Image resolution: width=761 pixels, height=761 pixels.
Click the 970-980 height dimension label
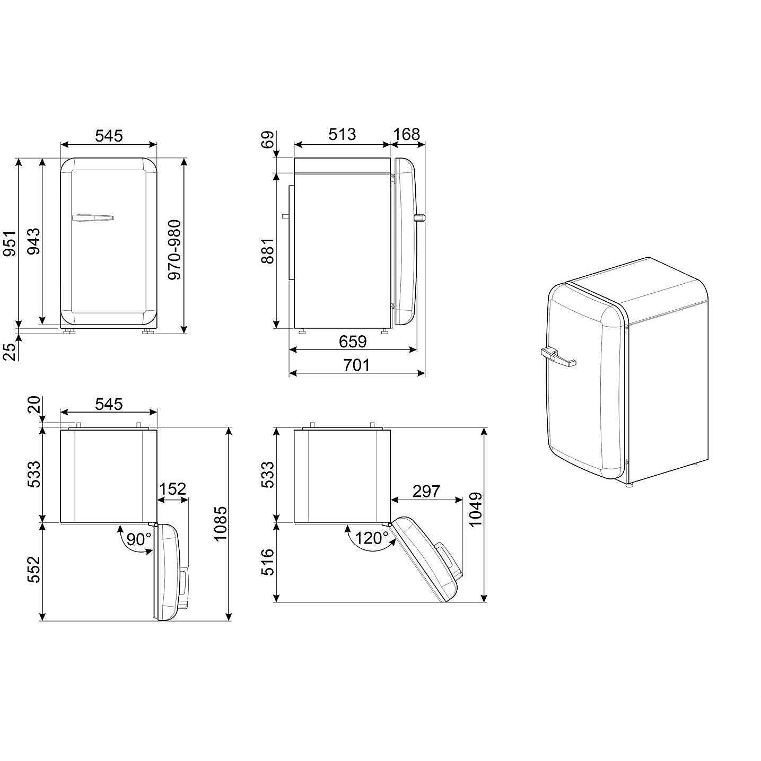point(174,250)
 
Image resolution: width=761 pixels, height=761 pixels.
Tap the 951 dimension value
point(10,243)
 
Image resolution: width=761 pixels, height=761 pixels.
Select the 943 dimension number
point(34,241)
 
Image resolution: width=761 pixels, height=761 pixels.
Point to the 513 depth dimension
point(342,134)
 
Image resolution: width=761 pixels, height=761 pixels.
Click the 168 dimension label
point(406,134)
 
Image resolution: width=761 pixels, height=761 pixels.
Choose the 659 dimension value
point(353,341)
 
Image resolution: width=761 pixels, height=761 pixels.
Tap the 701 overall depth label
point(356,365)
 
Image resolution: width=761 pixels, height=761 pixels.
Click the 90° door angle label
point(139,539)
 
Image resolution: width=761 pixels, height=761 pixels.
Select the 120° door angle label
point(372,538)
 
